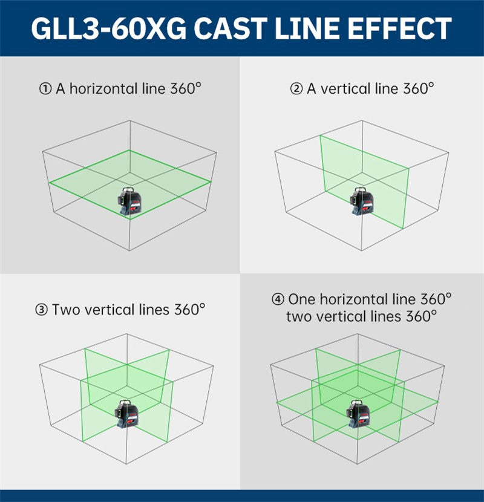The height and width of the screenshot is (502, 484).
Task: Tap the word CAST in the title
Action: pos(231,28)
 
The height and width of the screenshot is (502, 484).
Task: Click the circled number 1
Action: pos(45,89)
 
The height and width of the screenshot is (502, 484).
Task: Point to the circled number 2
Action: pos(296,89)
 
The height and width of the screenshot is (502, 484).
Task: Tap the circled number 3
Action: pos(41,310)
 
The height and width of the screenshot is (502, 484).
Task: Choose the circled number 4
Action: pos(278,299)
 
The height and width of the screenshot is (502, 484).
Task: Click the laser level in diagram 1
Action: pos(129,201)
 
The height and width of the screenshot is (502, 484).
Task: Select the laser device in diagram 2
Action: pos(362,201)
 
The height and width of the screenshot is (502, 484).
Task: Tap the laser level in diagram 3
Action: pos(126,414)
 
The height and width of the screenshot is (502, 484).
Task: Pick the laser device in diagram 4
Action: pos(358,414)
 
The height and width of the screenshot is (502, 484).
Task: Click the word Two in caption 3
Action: pos(66,310)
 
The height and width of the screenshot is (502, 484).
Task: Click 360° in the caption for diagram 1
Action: pos(186,88)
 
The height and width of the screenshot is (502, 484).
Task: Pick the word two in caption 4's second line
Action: pos(299,317)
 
